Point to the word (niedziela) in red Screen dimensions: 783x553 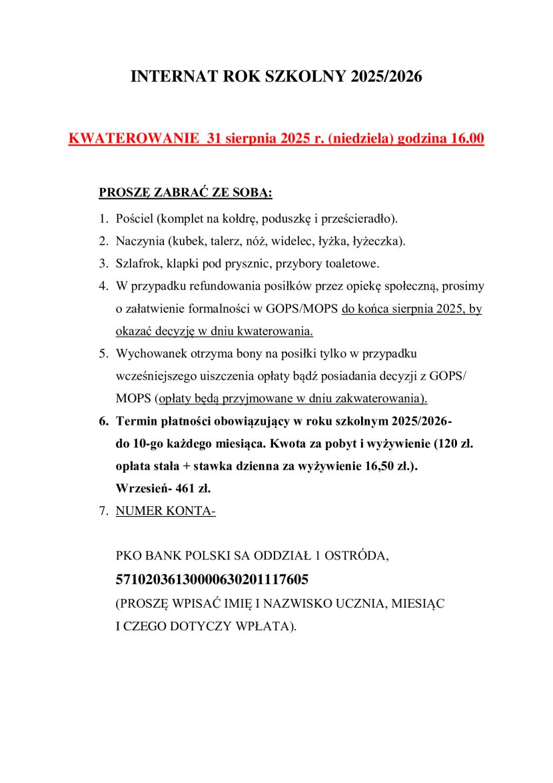(361, 139)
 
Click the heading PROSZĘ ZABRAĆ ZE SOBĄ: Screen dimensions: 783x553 (185, 193)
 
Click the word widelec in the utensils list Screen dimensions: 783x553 (319, 241)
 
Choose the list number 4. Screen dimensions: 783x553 (103, 286)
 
